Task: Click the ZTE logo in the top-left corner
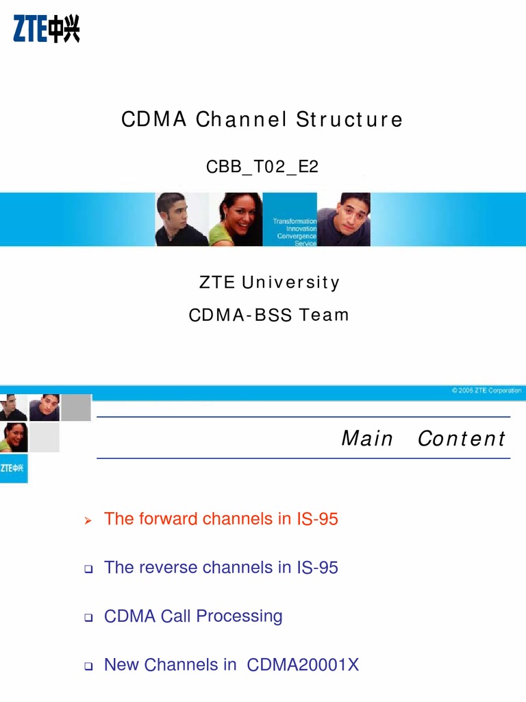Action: click(47, 29)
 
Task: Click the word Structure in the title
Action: click(349, 120)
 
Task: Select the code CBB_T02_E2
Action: click(262, 167)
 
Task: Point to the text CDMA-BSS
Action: click(240, 315)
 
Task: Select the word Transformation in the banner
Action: click(295, 221)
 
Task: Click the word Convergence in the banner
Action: click(297, 237)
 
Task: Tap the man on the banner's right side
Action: click(346, 219)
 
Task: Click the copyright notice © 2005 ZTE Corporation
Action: click(486, 391)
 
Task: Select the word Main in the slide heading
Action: click(367, 439)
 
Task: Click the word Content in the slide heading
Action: click(461, 439)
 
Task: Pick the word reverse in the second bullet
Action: click(165, 568)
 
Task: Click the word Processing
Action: click(239, 616)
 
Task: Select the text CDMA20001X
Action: click(303, 665)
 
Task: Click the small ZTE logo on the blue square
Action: click(14, 468)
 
